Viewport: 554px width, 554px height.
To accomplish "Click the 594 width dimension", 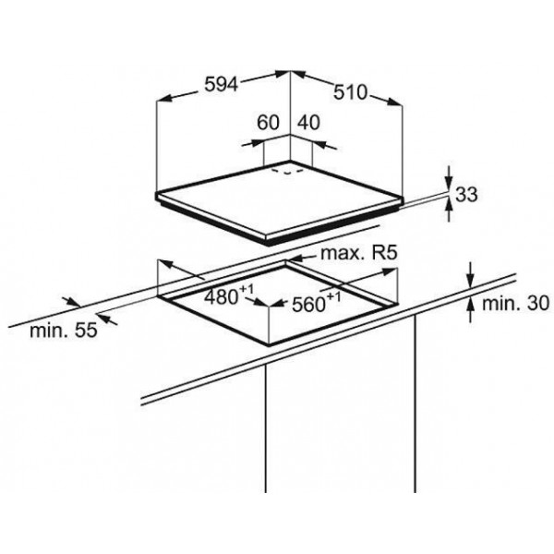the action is click(222, 85).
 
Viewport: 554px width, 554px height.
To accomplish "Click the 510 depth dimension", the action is click(351, 92).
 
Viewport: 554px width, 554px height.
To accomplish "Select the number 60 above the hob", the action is click(268, 122).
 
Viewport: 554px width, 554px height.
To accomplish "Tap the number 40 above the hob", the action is click(308, 122).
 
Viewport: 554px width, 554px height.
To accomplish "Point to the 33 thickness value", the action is click(466, 194).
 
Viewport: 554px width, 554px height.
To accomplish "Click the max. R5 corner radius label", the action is click(359, 253).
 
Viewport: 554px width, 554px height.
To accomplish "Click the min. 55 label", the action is click(63, 331).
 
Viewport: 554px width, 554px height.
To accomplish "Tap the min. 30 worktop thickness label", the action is click(516, 304).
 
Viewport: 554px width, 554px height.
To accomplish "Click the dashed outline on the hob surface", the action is click(287, 172).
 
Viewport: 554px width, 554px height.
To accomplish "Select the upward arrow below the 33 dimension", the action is click(449, 210).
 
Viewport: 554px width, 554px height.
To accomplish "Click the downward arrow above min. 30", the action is click(470, 275).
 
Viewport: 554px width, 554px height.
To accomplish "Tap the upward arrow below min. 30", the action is click(470, 309).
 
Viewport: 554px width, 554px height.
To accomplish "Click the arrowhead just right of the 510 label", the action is click(394, 102).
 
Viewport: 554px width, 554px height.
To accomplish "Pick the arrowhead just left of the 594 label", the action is click(165, 98).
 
